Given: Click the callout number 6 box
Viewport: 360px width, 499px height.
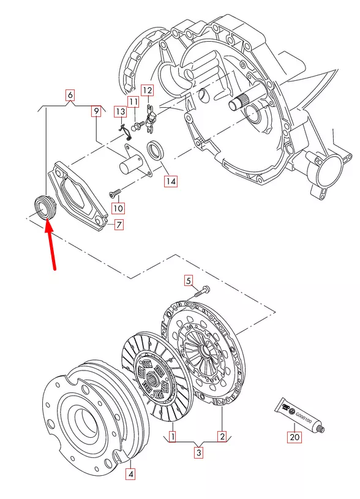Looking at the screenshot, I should pos(70,95).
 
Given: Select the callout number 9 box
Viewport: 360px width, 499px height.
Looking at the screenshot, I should pos(96,111).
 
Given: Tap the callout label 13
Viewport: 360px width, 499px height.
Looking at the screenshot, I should pos(120,111).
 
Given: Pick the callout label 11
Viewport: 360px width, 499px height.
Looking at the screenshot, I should pos(133,101).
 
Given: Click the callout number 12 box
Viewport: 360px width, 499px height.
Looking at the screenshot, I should pos(147,89).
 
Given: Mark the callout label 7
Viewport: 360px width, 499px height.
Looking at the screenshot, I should pos(119,225).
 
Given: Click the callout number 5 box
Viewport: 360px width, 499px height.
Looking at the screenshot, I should pos(189,281).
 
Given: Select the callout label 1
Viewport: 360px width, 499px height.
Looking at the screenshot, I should pos(173,437).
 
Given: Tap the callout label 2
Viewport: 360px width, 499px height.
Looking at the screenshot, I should pos(222,437).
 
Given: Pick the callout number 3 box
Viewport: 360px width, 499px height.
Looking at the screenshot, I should pos(198,454).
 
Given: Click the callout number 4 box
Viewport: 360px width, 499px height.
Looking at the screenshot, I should pos(130,473).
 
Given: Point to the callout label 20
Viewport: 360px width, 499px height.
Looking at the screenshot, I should pos(294,437).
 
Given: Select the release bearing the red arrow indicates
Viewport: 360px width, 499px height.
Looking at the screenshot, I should pos(43,205).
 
